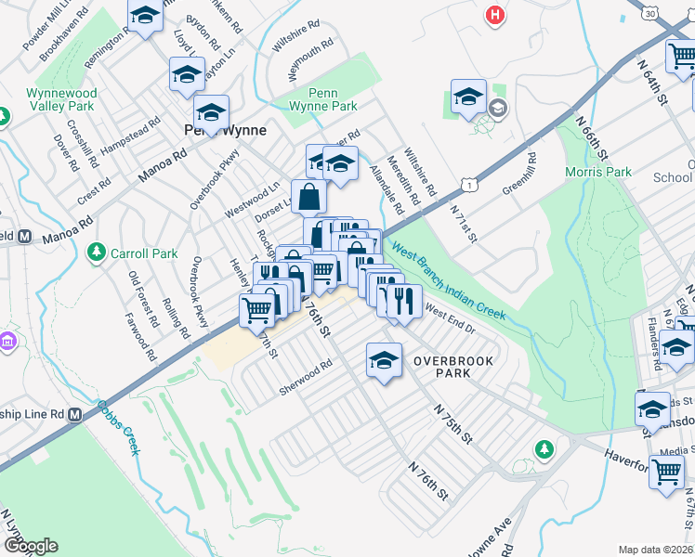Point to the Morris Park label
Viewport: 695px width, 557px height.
(x=598, y=172)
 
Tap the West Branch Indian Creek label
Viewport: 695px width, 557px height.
(x=448, y=282)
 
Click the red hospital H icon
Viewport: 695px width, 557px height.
(x=495, y=15)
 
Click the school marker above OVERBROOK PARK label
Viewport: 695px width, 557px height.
(x=384, y=360)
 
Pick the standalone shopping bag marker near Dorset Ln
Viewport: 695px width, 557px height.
(x=308, y=197)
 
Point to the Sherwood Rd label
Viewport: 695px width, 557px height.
(x=306, y=378)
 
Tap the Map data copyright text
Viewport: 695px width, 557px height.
(x=655, y=550)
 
